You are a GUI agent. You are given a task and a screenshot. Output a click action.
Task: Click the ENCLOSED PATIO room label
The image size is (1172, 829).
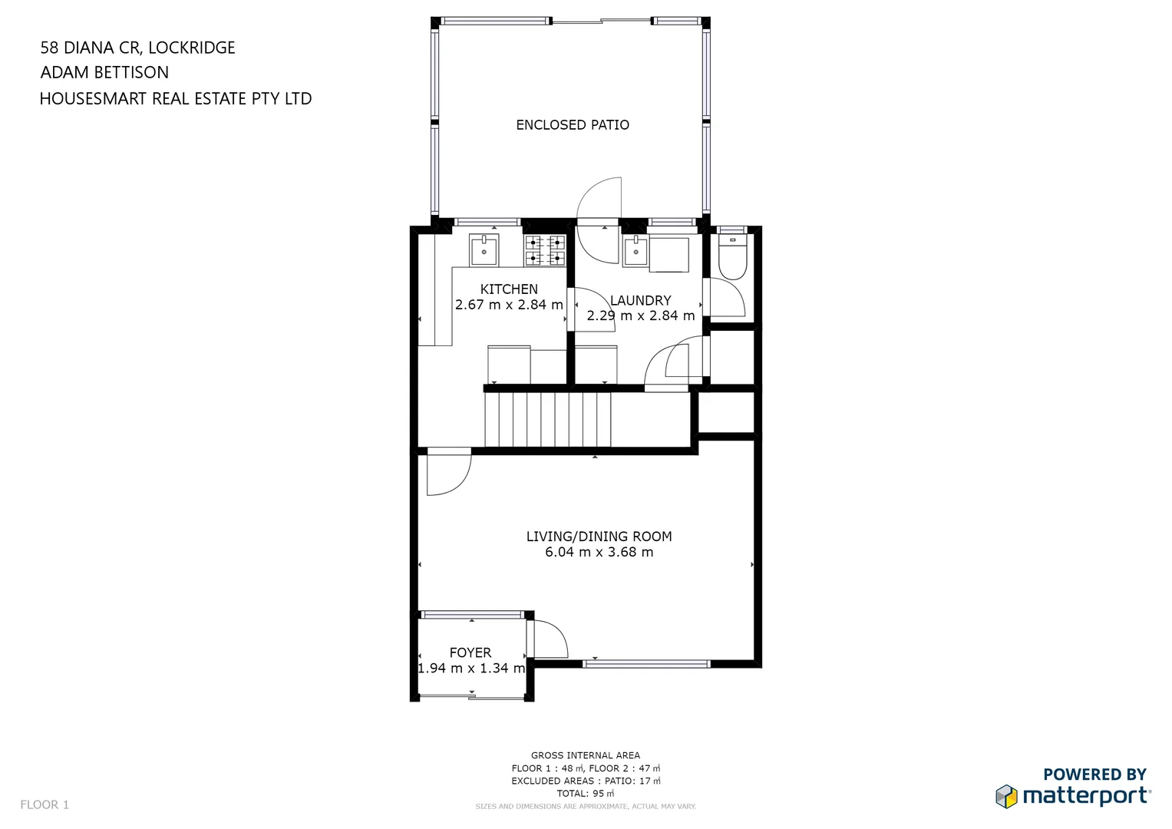pos(573,124)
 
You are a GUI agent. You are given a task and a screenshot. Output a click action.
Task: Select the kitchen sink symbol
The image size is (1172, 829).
pos(484,250)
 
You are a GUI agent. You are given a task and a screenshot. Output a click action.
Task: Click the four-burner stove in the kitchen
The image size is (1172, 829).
pos(545,250)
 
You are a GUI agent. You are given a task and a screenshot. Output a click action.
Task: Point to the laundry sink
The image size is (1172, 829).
pos(636,251)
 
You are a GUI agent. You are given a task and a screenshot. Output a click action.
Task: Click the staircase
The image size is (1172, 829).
pos(547,418)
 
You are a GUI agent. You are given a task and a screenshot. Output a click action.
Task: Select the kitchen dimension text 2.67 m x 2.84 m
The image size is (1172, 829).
pos(509,305)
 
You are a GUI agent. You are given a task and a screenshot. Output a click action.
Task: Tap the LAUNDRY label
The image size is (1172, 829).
pos(641,300)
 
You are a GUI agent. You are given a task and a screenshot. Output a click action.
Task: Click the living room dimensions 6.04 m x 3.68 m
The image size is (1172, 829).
pos(599,552)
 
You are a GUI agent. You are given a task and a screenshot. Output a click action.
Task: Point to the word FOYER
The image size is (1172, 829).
pos(470,652)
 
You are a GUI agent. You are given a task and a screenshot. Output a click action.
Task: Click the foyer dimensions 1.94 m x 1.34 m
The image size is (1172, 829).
pos(471,669)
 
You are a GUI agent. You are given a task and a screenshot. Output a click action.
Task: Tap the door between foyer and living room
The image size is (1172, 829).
pos(550,640)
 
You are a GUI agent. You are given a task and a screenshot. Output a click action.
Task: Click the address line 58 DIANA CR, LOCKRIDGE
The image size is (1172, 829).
pos(137,48)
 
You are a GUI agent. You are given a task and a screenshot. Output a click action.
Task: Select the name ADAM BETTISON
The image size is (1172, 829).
pos(104,73)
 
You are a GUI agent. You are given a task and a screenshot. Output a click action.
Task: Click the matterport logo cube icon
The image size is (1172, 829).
pos(1006,796)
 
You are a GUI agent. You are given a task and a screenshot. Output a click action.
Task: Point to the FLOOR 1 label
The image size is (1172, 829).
pos(45,804)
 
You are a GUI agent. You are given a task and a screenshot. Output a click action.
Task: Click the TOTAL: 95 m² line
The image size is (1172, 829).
pos(586,793)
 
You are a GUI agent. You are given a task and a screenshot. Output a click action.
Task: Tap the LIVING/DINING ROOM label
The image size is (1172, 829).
pos(599,537)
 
